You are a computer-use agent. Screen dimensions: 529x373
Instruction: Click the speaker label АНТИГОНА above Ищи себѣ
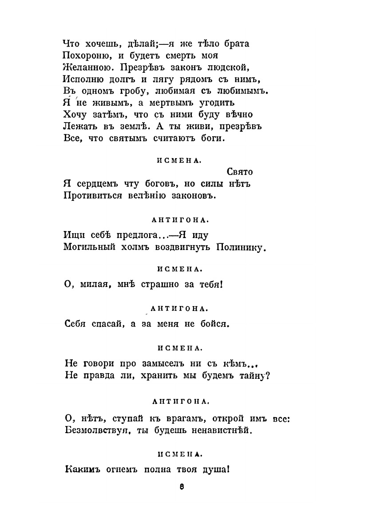pos(180,219)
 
